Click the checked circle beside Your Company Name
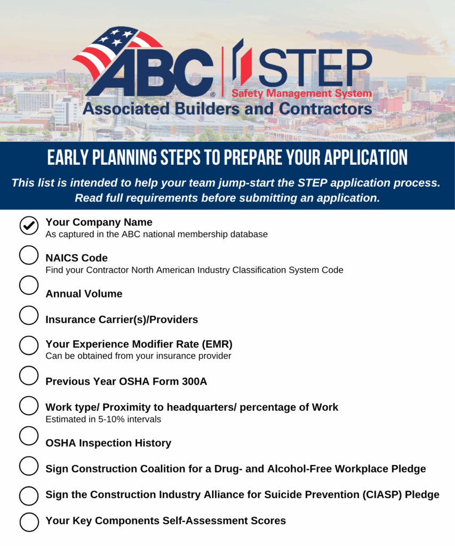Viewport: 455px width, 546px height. point(29,226)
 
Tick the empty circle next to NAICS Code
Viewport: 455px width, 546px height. point(29,255)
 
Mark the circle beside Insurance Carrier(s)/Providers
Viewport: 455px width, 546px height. point(29,315)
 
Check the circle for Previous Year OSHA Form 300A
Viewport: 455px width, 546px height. point(29,375)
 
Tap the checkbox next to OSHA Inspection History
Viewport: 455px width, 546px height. point(29,436)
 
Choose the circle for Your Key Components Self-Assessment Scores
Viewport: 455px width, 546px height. point(29,521)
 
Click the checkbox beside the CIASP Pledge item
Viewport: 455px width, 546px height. point(29,496)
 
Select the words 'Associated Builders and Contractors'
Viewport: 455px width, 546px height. point(227,109)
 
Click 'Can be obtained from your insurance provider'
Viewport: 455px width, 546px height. point(138,356)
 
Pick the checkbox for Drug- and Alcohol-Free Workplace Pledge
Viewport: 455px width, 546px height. point(29,466)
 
